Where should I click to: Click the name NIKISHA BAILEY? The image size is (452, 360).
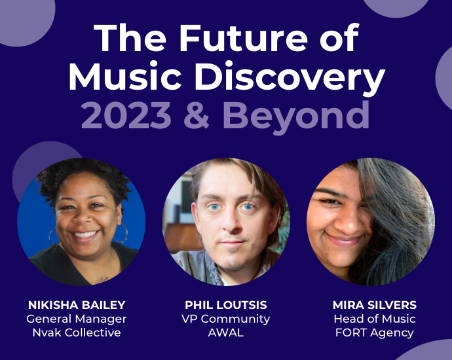point(76,305)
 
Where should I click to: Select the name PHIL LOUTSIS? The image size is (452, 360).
point(225,305)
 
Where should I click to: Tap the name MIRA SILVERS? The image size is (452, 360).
point(374,305)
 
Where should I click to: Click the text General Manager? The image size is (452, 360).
point(76,319)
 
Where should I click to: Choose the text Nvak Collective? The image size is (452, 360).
point(76,333)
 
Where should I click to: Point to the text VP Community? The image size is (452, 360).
point(225,319)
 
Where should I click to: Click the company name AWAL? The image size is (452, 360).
point(225,333)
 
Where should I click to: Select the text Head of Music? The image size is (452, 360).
point(374,319)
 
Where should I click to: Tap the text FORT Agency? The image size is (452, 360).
point(374,333)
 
